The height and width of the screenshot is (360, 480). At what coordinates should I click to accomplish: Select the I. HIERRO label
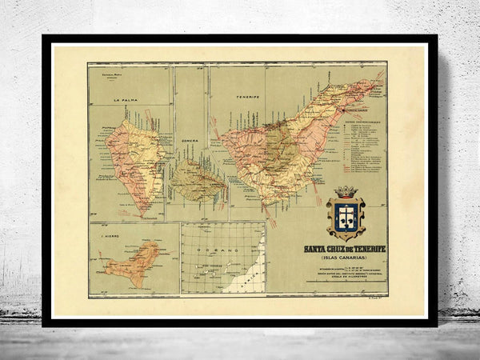[x=102, y=238]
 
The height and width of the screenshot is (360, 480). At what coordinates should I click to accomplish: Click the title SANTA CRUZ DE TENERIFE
[x=344, y=250]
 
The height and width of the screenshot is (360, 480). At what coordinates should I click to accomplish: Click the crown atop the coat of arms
[x=346, y=192]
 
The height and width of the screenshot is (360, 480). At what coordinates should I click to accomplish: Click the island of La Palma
[x=136, y=160]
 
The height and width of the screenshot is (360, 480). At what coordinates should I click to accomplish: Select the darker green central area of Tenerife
[x=276, y=152]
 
